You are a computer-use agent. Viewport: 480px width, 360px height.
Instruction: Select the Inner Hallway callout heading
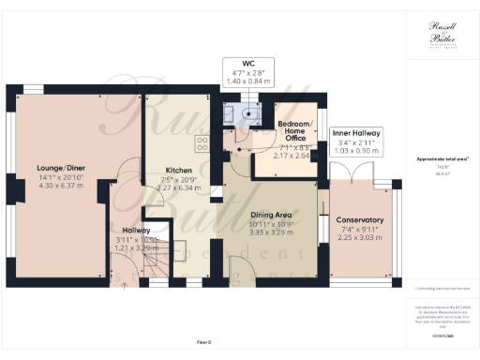click(x=356, y=134)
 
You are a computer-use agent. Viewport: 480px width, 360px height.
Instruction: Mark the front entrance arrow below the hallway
click(x=124, y=282)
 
